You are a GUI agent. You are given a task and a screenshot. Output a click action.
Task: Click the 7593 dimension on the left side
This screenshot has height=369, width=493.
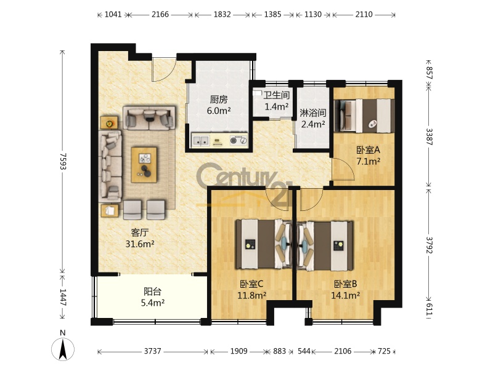(x=63, y=161)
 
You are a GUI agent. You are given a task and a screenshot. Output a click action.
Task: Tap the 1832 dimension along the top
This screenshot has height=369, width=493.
(x=222, y=14)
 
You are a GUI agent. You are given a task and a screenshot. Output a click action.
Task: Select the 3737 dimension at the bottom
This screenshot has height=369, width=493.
(x=152, y=351)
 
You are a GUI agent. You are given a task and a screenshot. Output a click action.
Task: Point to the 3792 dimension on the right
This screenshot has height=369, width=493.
(x=429, y=245)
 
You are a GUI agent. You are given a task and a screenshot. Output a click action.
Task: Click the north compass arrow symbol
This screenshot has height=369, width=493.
(x=63, y=349)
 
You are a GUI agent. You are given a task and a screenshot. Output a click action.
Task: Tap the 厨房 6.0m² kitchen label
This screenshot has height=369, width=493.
(x=219, y=105)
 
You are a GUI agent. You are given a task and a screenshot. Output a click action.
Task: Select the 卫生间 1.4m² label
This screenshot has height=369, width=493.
(x=276, y=101)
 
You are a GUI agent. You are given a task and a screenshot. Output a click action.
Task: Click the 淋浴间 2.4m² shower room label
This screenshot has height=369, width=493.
(x=313, y=118)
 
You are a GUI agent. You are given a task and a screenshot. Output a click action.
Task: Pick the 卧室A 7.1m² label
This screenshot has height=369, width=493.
(x=368, y=156)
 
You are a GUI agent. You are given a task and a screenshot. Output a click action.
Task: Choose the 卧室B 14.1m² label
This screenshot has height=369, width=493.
(x=346, y=290)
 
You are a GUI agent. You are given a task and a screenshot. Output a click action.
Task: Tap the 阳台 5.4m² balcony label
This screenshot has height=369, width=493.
(x=153, y=297)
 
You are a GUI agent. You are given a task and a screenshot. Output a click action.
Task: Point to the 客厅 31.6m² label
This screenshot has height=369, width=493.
(x=140, y=238)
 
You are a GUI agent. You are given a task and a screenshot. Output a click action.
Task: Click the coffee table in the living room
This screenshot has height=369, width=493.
(x=144, y=164)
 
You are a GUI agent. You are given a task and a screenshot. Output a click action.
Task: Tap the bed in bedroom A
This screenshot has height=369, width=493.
(x=364, y=116)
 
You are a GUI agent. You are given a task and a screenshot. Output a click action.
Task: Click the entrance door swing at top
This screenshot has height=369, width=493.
(x=164, y=69)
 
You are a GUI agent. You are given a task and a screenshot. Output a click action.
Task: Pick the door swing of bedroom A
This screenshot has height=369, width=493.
(x=343, y=170)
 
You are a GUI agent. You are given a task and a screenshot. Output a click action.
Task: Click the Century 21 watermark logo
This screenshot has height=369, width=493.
(x=244, y=185)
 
